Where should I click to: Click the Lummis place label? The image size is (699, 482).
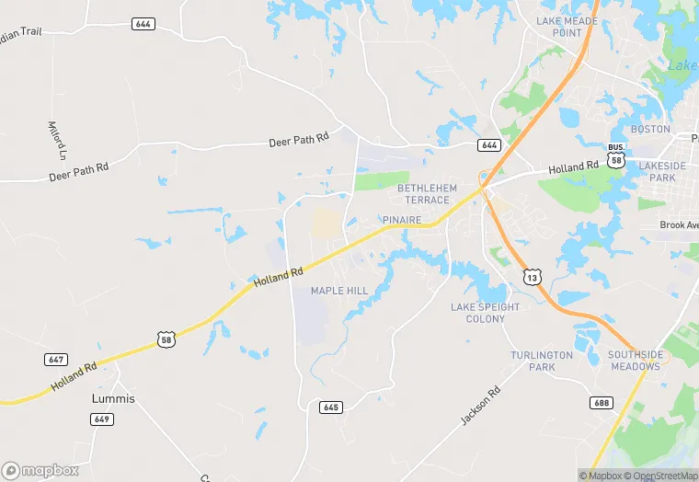pyautogui.click(x=113, y=399)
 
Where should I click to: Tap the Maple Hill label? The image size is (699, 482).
pyautogui.click(x=339, y=291)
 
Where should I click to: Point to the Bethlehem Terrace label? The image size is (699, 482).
pyautogui.click(x=423, y=194)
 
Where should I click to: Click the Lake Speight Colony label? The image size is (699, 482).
pyautogui.click(x=485, y=313)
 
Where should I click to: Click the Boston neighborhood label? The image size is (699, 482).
pyautogui.click(x=650, y=130)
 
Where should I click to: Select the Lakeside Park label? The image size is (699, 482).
pyautogui.click(x=662, y=171)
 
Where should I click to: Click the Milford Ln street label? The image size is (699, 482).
pyautogui.click(x=57, y=138)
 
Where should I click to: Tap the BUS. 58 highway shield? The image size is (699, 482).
pyautogui.click(x=616, y=155)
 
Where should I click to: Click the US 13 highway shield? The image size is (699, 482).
pyautogui.click(x=531, y=276)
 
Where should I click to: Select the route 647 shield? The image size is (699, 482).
pyautogui.click(x=54, y=359)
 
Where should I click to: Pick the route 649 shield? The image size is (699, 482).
pyautogui.click(x=102, y=419)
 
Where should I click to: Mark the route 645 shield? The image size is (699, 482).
pyautogui.click(x=331, y=407)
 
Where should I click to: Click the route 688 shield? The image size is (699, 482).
pyautogui.click(x=602, y=402)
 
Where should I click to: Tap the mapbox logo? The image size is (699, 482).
pyautogui.click(x=41, y=470)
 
